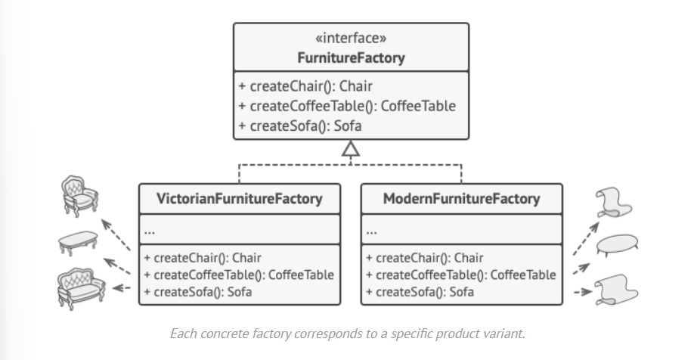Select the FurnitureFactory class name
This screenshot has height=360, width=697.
click(x=351, y=57)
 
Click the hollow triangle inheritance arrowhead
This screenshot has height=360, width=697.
click(x=351, y=149)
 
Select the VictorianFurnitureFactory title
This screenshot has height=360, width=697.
click(x=239, y=199)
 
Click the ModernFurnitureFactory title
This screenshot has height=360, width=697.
click(x=461, y=199)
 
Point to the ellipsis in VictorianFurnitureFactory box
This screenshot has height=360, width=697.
click(x=150, y=229)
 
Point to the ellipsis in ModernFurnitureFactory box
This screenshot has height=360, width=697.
click(x=372, y=229)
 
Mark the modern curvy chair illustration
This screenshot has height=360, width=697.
click(x=615, y=202)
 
